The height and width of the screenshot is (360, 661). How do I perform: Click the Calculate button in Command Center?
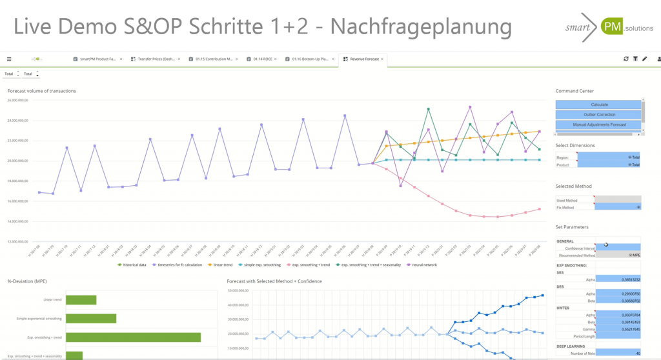598,105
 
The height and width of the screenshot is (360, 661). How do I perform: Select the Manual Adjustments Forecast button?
598,125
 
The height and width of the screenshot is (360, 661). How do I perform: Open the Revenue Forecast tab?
363,59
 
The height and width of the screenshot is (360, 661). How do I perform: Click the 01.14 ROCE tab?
261,59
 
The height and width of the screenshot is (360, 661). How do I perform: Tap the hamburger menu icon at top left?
9,59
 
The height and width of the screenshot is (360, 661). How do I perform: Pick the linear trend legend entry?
223,265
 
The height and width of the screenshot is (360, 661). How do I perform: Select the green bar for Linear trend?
81,300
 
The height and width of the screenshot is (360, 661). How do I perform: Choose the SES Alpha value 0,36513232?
618,279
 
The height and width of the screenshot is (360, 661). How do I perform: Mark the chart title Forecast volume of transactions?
42,91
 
